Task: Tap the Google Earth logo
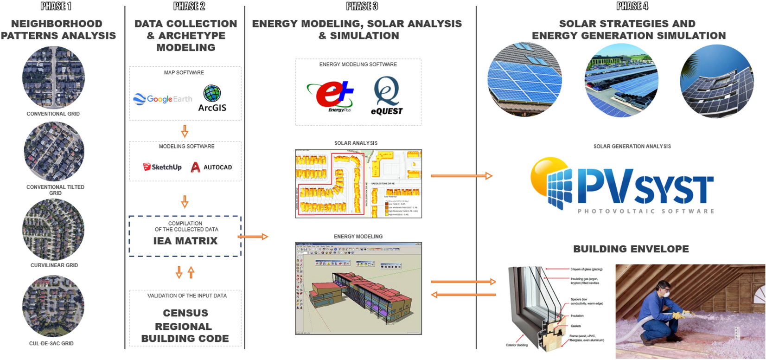[162, 99]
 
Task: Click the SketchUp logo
[162, 167]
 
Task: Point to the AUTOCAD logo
[211, 167]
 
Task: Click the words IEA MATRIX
[185, 241]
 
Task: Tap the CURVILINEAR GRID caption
[54, 265]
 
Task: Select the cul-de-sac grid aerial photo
[54, 307]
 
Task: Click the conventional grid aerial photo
[53, 77]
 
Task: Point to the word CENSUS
[185, 313]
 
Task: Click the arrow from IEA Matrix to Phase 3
[253, 237]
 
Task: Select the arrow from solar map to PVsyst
[461, 176]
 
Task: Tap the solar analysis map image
[358, 184]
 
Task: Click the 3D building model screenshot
[358, 288]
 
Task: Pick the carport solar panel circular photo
[621, 81]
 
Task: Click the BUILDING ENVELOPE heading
[631, 249]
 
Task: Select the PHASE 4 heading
[632, 6]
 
